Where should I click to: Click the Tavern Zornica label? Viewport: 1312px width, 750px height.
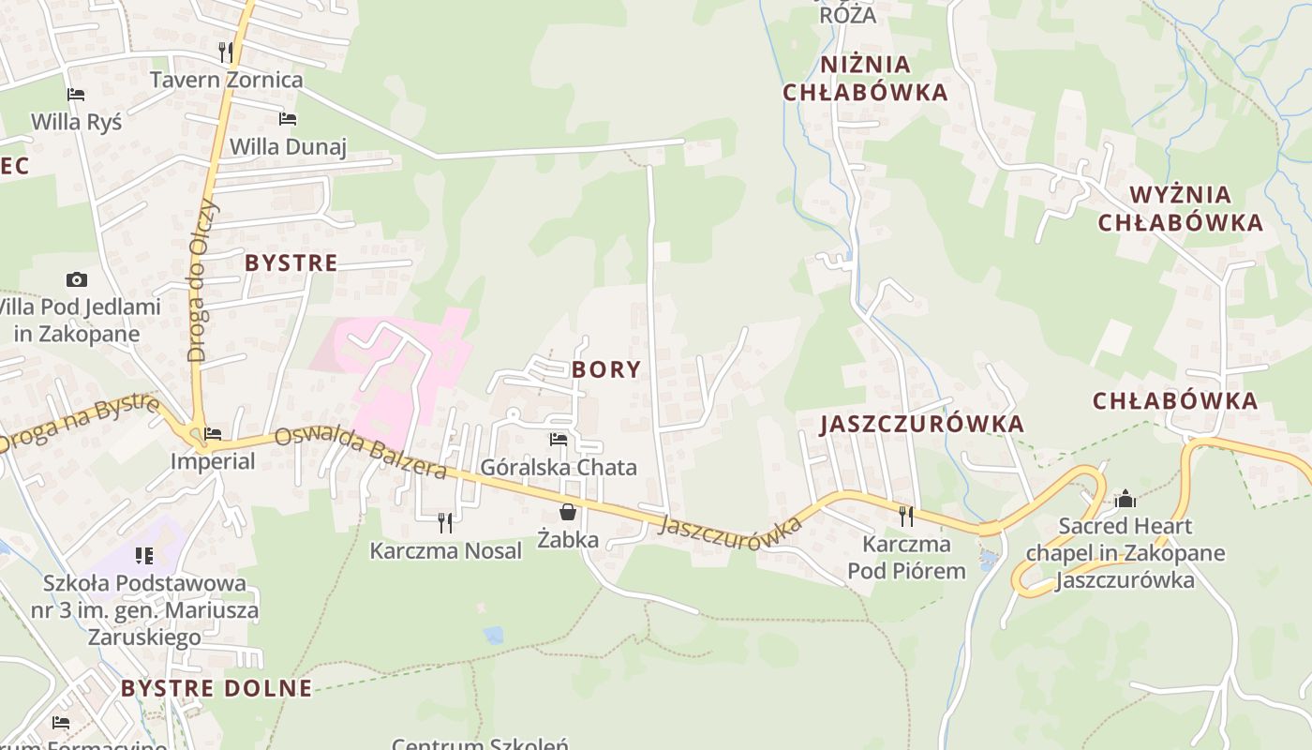click(227, 80)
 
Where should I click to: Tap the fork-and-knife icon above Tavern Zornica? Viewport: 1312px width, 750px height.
click(225, 51)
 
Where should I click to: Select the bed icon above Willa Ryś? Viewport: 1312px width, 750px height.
click(76, 95)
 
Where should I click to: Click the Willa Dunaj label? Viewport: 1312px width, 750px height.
click(288, 146)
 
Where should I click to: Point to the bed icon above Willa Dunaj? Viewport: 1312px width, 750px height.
click(288, 119)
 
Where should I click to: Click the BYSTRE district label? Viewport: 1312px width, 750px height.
click(291, 263)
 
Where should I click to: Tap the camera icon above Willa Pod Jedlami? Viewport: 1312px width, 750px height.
click(77, 279)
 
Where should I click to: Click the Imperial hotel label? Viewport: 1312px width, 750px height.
click(213, 461)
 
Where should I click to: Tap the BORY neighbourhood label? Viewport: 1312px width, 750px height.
click(606, 369)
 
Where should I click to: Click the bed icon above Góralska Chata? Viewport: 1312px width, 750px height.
click(559, 439)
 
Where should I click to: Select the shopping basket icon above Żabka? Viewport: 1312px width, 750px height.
click(568, 512)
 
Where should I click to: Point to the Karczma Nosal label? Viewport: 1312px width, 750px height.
click(445, 551)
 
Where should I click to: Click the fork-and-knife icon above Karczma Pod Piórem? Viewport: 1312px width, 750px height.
click(905, 516)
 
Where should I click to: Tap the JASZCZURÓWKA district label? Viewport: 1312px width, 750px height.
click(922, 424)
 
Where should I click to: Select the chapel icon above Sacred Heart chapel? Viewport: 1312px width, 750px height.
click(1126, 499)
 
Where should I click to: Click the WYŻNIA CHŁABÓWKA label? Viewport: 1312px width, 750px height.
click(1180, 208)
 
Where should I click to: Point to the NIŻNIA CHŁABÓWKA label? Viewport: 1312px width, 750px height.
click(865, 78)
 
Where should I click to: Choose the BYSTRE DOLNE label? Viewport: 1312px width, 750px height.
click(216, 688)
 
